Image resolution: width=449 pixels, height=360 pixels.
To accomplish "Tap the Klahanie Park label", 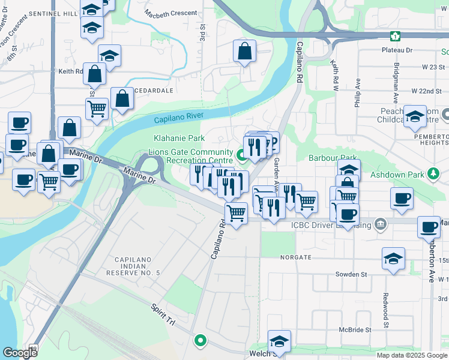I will pyautogui.click(x=175, y=139).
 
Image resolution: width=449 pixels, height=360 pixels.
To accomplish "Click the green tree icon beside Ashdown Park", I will pyautogui.click(x=433, y=174).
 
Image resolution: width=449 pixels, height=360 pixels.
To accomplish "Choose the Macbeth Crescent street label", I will pyautogui.click(x=172, y=13).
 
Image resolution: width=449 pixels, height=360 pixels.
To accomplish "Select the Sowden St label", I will pyautogui.click(x=351, y=274).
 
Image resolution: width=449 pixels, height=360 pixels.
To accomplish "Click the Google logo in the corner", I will pyautogui.click(x=19, y=353).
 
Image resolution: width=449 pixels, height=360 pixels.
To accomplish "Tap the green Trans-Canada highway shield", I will pyautogui.click(x=395, y=36).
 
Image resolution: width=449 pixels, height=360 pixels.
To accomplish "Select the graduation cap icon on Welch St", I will pyautogui.click(x=279, y=340).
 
